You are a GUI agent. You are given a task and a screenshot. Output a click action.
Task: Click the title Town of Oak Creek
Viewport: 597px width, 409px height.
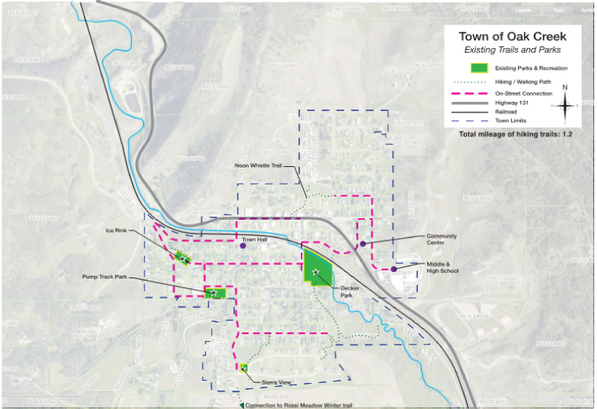[x=512, y=36]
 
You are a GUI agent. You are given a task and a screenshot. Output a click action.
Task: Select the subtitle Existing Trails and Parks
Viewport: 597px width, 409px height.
[x=512, y=49]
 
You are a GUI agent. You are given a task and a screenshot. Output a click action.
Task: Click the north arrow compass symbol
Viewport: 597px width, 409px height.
[x=565, y=104]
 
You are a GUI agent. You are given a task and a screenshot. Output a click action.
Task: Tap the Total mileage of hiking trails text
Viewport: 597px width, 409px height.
[x=516, y=134]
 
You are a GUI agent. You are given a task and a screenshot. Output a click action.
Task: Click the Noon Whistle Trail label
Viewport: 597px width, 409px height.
[x=263, y=165]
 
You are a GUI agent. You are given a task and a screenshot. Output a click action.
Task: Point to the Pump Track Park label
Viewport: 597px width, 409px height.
[x=104, y=276]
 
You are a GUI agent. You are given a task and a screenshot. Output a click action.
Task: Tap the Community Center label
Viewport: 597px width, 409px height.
[x=441, y=239]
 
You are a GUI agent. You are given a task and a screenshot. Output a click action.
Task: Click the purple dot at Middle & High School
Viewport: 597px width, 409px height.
[x=393, y=269]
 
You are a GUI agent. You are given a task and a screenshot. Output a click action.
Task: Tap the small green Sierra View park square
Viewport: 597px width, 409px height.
[x=243, y=368]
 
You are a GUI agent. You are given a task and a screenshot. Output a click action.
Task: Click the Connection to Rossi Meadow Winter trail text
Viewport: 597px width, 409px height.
[x=299, y=404]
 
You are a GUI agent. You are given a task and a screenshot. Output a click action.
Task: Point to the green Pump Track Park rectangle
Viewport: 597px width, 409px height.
[x=215, y=293]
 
